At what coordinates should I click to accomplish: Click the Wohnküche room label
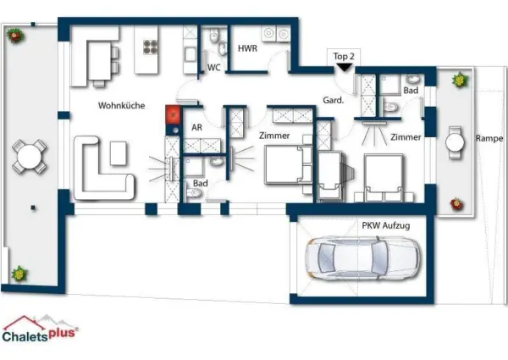(121, 106)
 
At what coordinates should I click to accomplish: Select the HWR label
(247, 49)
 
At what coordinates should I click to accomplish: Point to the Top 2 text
(342, 56)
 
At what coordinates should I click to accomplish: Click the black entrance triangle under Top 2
(342, 68)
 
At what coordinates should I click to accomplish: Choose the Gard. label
(334, 100)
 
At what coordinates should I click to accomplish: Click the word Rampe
(489, 138)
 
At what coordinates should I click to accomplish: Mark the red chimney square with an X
(174, 113)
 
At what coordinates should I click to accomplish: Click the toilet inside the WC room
(215, 36)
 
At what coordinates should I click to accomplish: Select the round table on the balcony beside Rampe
(456, 142)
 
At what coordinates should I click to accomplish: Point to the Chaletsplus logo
(41, 329)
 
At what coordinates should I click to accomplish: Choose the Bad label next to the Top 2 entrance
(411, 90)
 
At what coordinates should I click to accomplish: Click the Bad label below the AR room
(200, 183)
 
